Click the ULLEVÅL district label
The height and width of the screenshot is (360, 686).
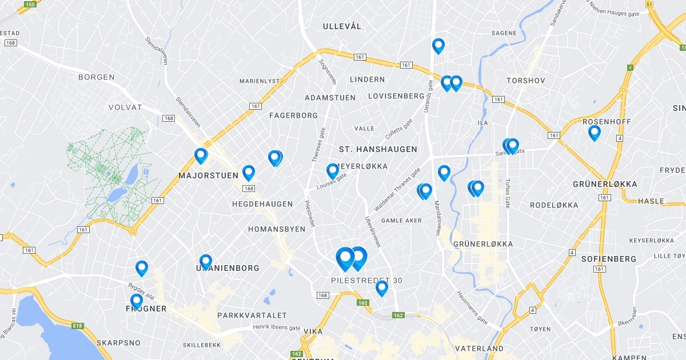(342, 26)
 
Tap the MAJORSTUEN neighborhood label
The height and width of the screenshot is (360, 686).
(208, 175)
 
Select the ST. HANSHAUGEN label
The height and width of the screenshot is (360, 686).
(378, 149)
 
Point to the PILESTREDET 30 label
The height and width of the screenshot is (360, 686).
(366, 281)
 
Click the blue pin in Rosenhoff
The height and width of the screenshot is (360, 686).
(595, 133)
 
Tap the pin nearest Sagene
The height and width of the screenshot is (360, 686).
(438, 46)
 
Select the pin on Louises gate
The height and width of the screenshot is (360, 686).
(333, 170)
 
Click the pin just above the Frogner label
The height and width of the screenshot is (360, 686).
(136, 301)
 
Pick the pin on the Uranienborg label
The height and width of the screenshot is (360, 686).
(206, 262)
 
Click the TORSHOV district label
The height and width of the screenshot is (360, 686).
(525, 81)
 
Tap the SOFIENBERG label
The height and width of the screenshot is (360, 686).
(608, 259)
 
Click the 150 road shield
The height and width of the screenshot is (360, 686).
(30, 5)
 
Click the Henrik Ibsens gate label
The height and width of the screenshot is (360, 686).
(276, 328)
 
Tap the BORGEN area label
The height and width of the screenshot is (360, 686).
(96, 77)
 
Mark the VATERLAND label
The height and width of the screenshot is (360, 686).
(479, 348)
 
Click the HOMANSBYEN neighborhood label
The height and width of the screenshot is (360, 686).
(277, 229)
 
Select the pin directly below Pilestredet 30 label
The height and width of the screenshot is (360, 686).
(382, 288)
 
